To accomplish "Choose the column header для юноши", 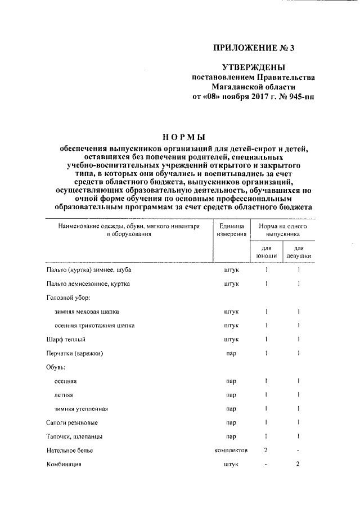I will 265,251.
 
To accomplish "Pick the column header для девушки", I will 298,251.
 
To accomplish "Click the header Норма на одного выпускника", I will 282,229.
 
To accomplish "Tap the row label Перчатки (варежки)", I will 75,353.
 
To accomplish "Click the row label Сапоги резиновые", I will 71,422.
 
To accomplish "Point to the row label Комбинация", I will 64,465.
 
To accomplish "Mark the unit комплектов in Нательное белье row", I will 231,451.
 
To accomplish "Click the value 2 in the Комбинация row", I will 298,464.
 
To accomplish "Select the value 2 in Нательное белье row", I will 265,450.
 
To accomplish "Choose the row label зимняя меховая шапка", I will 87,311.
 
